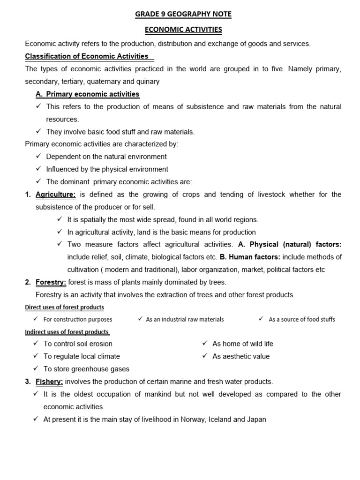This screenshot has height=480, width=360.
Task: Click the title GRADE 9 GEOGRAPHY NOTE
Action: coord(183,15)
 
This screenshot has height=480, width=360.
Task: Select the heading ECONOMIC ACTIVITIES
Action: coord(183,30)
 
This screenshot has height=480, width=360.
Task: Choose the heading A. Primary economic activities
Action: coord(88,94)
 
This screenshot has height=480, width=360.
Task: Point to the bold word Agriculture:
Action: coord(55,195)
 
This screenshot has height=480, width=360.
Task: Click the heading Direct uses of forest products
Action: coord(64,307)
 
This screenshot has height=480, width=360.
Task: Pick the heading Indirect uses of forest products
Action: coord(67,332)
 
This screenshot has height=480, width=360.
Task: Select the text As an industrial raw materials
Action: coord(185,319)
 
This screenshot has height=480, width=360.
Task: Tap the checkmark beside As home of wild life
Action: coord(205,343)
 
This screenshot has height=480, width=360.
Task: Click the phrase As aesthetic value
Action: coord(241,356)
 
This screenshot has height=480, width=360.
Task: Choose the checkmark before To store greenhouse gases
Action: coord(36,368)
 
